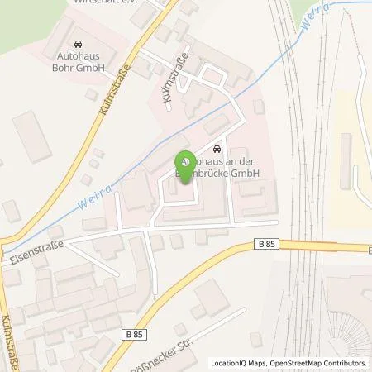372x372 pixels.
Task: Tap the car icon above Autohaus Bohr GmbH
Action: (77, 44)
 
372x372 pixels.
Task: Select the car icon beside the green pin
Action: (217, 150)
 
